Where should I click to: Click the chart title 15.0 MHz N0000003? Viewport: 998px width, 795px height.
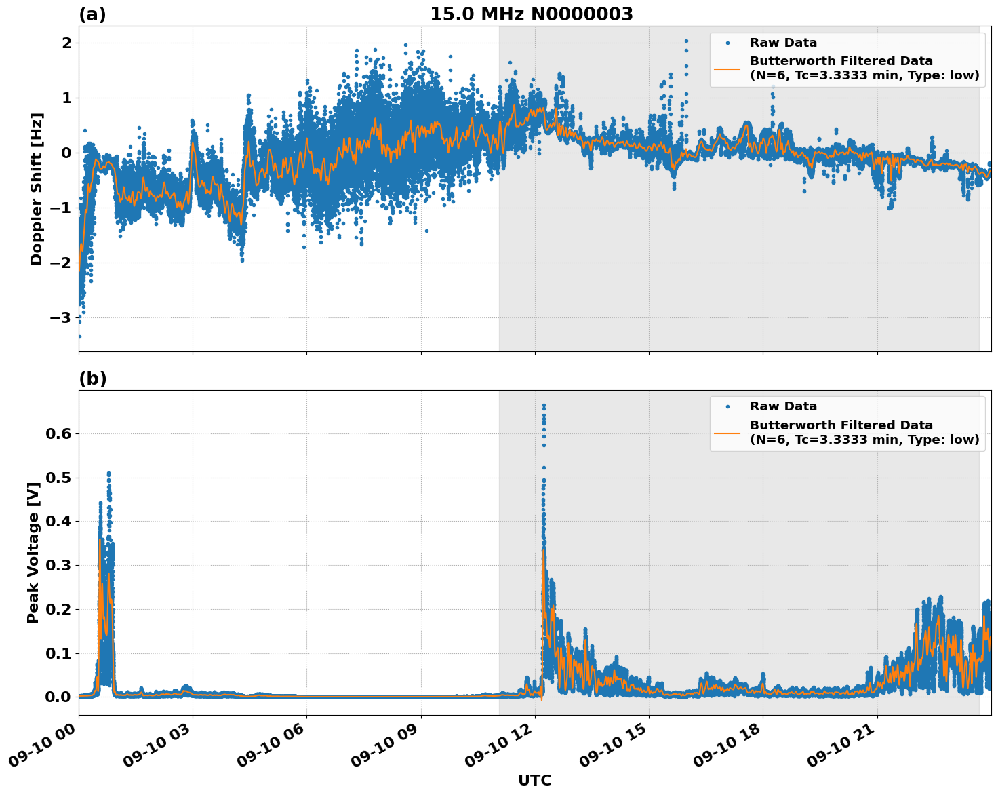coord(531,14)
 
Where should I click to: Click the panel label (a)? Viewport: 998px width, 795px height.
coord(92,14)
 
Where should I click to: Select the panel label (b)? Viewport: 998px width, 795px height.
coord(92,379)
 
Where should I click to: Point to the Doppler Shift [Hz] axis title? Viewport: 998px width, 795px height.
coord(37,189)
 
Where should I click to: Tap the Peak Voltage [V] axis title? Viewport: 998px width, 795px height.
coord(33,552)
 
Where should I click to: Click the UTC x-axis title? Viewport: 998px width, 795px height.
coord(534,780)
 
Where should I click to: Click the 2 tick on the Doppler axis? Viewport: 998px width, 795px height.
coord(66,43)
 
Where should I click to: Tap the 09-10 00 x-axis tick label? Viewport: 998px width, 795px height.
coord(41,750)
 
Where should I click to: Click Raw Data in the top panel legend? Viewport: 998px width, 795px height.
coord(783,43)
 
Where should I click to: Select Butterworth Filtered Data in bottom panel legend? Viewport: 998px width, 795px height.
coord(841,425)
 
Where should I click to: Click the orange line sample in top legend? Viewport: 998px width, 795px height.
coord(727,68)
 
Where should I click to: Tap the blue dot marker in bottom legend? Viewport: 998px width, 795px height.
coord(727,406)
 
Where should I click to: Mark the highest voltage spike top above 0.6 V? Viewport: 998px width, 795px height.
coord(543,406)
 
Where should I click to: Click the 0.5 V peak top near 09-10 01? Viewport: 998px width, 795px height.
coord(108,473)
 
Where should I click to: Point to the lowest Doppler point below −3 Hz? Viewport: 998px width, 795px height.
coord(79,336)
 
